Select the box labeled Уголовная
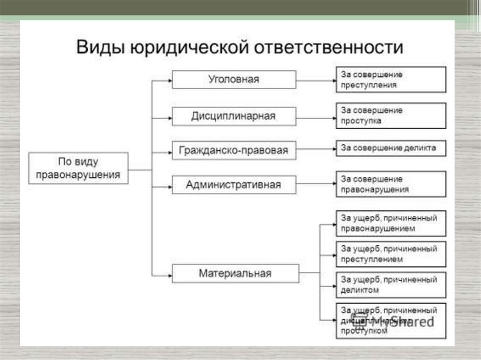coord(234,79)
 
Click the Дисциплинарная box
coord(234,116)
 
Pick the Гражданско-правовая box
coord(234,151)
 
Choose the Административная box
coord(234,184)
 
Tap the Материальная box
coord(235,273)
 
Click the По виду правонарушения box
coord(78,168)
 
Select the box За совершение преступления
coord(391,79)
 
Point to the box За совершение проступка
coord(391,115)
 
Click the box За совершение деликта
coord(391,148)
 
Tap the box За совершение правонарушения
coord(391,184)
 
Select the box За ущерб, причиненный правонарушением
coord(391,223)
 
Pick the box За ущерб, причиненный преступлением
coord(391,253)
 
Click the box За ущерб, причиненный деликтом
coord(391,284)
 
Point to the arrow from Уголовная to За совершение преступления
coord(316,80)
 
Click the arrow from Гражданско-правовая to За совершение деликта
coord(316,149)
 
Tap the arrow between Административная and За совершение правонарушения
coord(316,185)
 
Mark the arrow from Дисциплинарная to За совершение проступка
coord(316,117)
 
